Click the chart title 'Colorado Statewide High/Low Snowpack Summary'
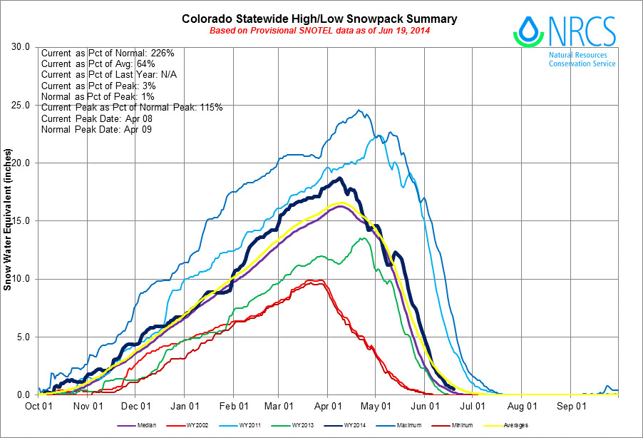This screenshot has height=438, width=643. click(320, 19)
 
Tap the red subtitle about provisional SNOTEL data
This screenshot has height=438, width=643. click(320, 31)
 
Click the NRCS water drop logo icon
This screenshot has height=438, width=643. click(528, 29)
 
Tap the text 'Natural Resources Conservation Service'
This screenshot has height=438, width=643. click(582, 58)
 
